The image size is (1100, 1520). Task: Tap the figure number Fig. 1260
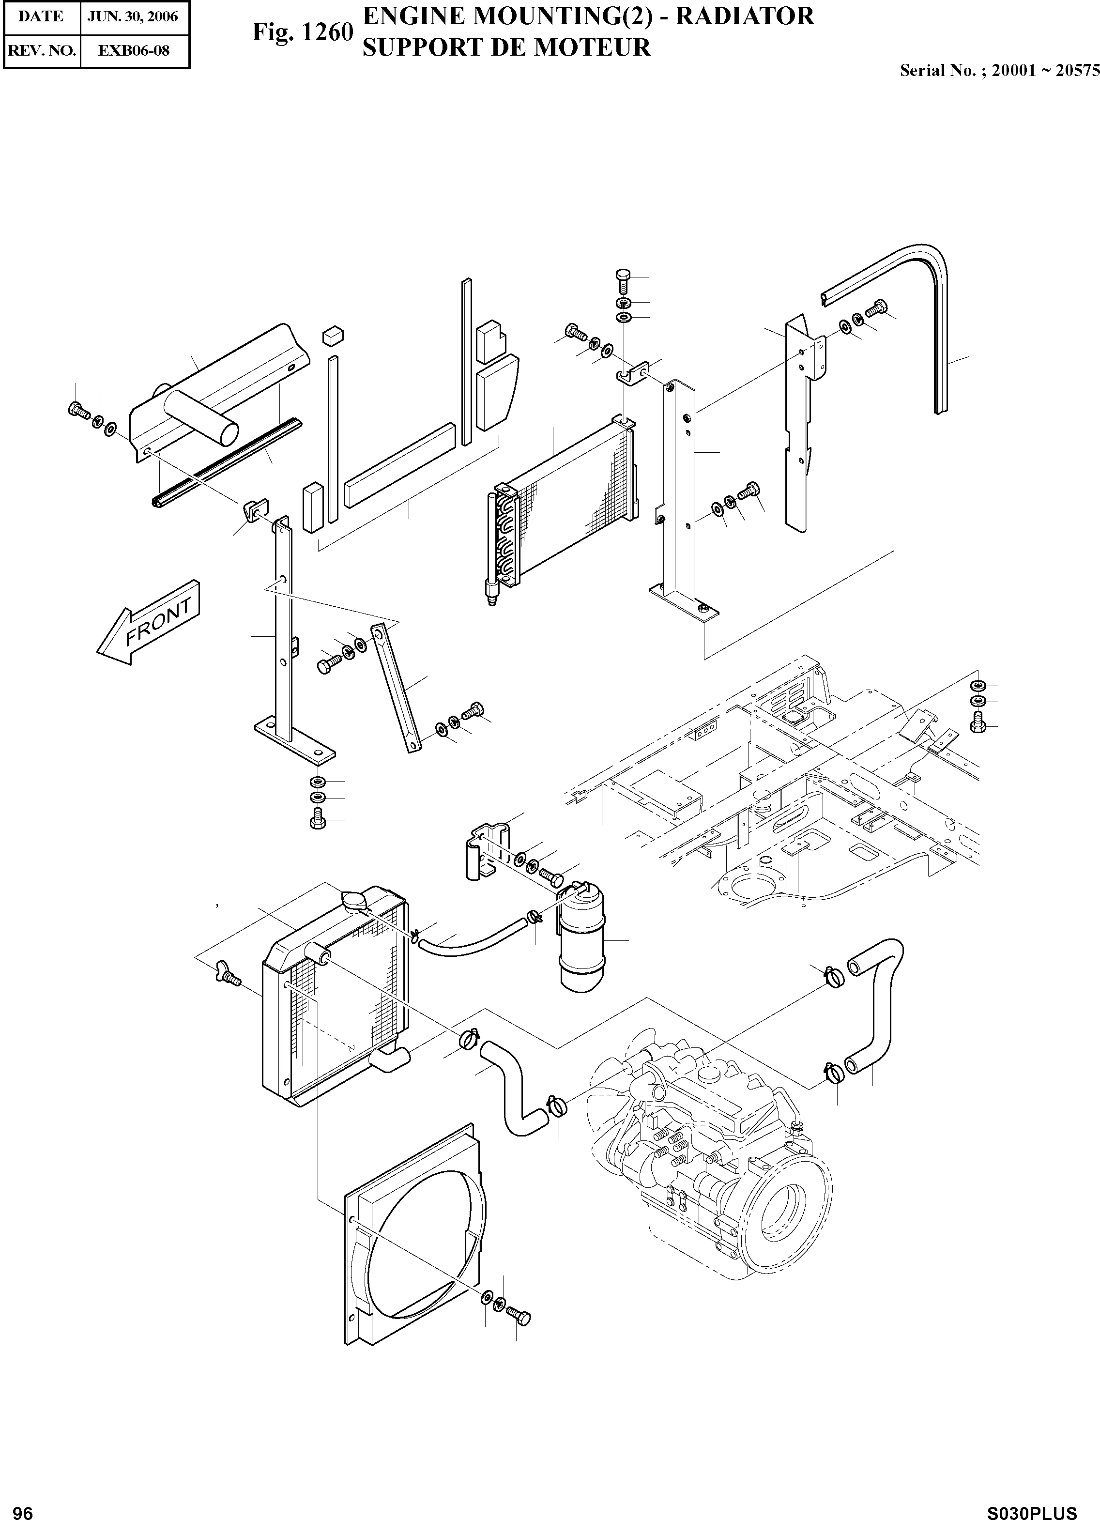[302, 32]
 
